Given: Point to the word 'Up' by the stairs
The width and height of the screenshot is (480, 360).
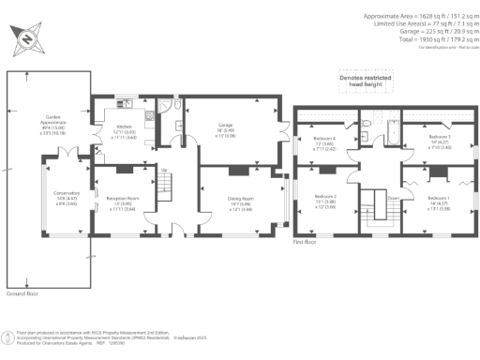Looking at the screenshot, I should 165,170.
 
